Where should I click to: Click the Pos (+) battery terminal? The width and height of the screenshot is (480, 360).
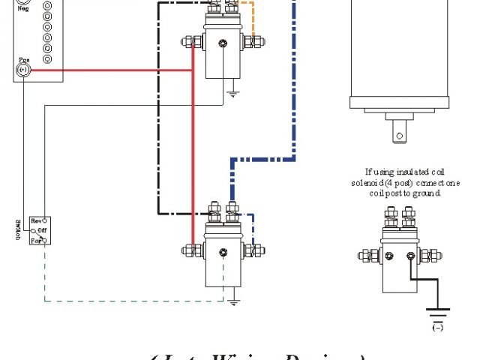(22, 70)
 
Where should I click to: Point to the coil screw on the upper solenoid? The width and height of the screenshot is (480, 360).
(221, 46)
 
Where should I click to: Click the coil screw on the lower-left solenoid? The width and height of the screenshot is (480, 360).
(222, 251)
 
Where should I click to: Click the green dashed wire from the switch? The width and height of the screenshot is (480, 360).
(135, 301)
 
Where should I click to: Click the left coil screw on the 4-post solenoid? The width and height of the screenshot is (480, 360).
(389, 256)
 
